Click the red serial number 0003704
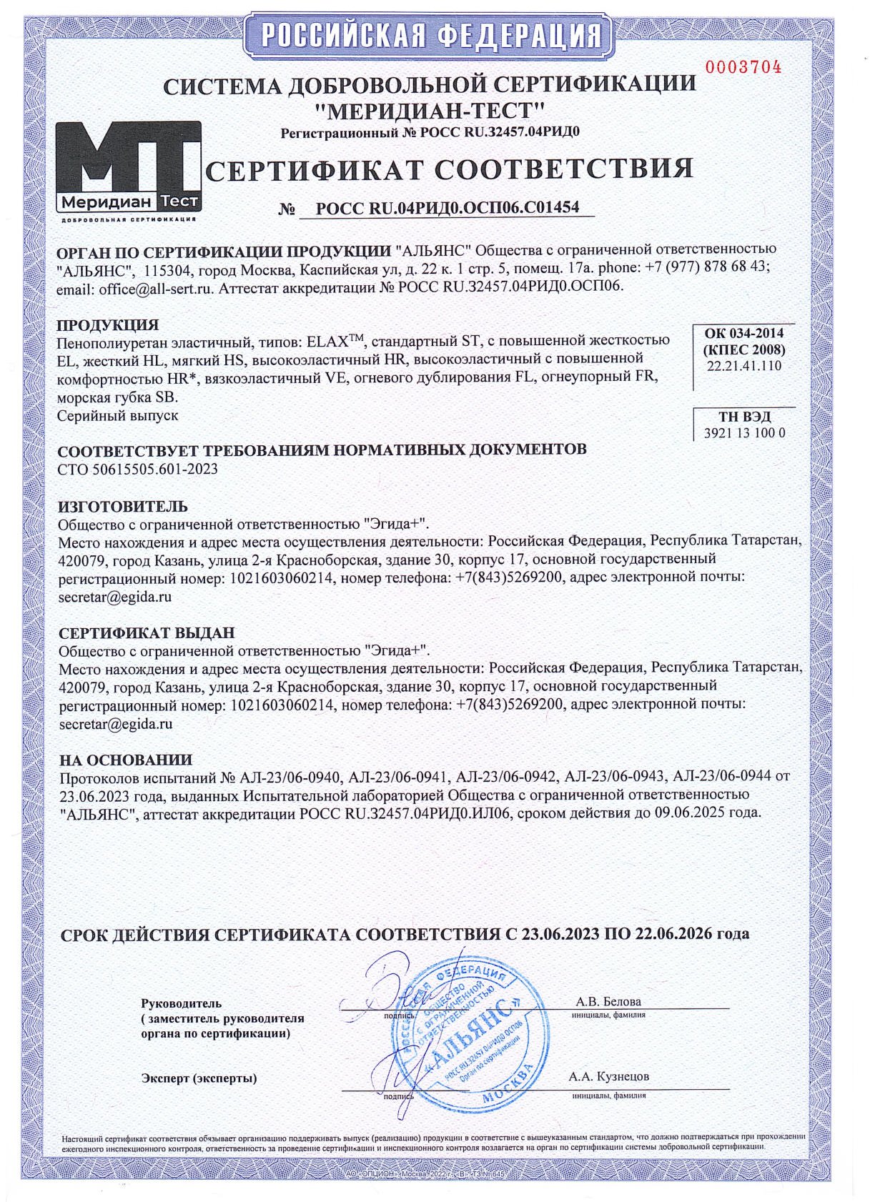click(x=743, y=68)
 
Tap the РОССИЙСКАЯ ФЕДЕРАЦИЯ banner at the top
click(x=429, y=34)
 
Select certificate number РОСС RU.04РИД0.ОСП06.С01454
click(x=448, y=208)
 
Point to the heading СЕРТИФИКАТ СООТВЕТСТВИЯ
click(x=450, y=169)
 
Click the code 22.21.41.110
click(x=744, y=366)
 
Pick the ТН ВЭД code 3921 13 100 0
click(x=744, y=433)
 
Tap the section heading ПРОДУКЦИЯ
click(x=108, y=326)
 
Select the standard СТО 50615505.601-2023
click(x=138, y=470)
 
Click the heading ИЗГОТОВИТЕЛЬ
click(x=123, y=507)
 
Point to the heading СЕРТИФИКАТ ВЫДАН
click(x=147, y=633)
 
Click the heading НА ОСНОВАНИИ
click(x=126, y=760)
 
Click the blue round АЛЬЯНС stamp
click(x=468, y=1036)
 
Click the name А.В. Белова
click(x=608, y=1001)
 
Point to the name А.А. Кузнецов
click(x=609, y=1076)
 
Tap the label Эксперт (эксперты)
click(x=199, y=1078)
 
